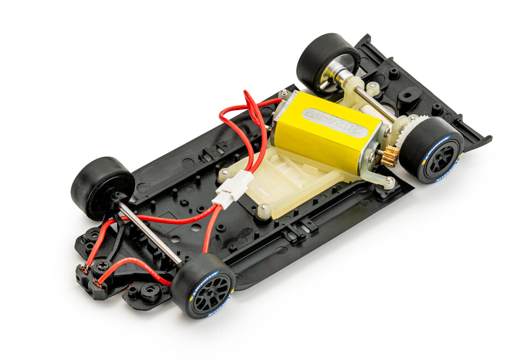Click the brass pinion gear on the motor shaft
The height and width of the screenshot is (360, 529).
(x=390, y=157)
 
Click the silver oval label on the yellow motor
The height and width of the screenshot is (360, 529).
(x=335, y=123)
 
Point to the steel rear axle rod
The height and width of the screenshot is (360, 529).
(x=375, y=104)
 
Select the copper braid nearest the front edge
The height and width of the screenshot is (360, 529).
(x=97, y=284)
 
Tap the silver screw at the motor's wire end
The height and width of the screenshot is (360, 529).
(x=283, y=93)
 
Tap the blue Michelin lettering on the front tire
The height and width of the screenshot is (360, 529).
(x=204, y=281)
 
